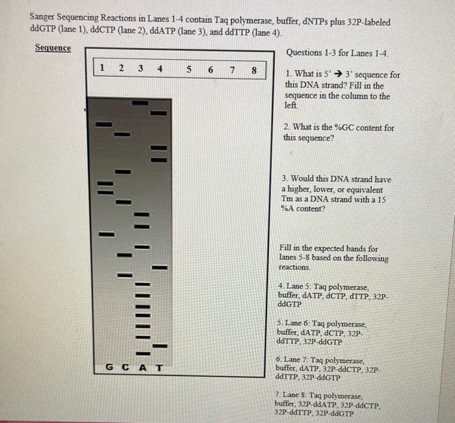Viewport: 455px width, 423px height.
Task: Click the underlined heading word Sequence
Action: [53, 48]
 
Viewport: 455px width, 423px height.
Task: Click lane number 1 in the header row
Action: [101, 68]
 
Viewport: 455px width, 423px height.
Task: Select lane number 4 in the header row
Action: [160, 68]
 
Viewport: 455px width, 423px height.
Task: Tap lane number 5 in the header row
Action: [188, 68]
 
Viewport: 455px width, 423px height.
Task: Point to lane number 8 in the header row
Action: [254, 70]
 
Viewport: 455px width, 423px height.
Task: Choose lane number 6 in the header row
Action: [211, 69]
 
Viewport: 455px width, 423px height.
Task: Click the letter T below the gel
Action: [159, 367]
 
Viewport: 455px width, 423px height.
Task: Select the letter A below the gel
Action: [142, 367]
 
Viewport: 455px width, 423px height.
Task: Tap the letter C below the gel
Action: [125, 367]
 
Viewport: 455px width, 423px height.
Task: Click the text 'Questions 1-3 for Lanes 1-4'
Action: [337, 53]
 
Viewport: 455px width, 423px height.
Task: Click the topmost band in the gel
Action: [139, 103]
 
